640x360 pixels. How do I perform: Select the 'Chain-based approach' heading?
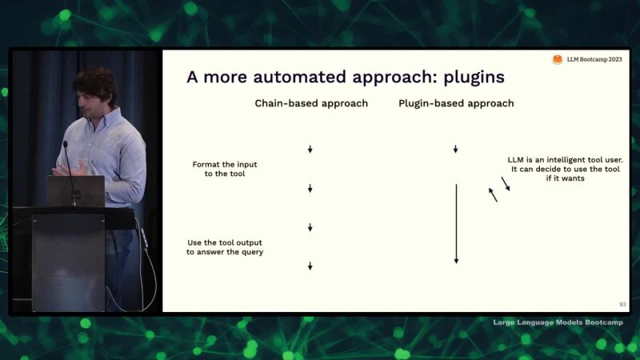311,103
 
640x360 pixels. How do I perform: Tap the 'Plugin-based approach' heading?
456,103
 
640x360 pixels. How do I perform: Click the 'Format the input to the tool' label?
225,169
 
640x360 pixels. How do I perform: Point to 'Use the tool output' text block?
225,247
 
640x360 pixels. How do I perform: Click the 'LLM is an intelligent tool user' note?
565,169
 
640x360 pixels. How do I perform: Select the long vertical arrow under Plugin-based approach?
456,224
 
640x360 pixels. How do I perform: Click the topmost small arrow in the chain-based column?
310,150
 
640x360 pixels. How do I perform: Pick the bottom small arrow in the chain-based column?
310,266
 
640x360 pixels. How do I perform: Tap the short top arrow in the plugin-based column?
455,150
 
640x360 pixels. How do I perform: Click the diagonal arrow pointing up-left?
493,194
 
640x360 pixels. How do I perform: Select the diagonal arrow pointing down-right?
506,184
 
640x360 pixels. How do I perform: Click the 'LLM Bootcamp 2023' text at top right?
593,60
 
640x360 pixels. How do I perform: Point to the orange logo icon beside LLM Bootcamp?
558,60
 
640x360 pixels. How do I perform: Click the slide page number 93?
622,304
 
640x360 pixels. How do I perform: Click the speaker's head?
94,87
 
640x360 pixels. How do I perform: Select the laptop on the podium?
75,191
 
